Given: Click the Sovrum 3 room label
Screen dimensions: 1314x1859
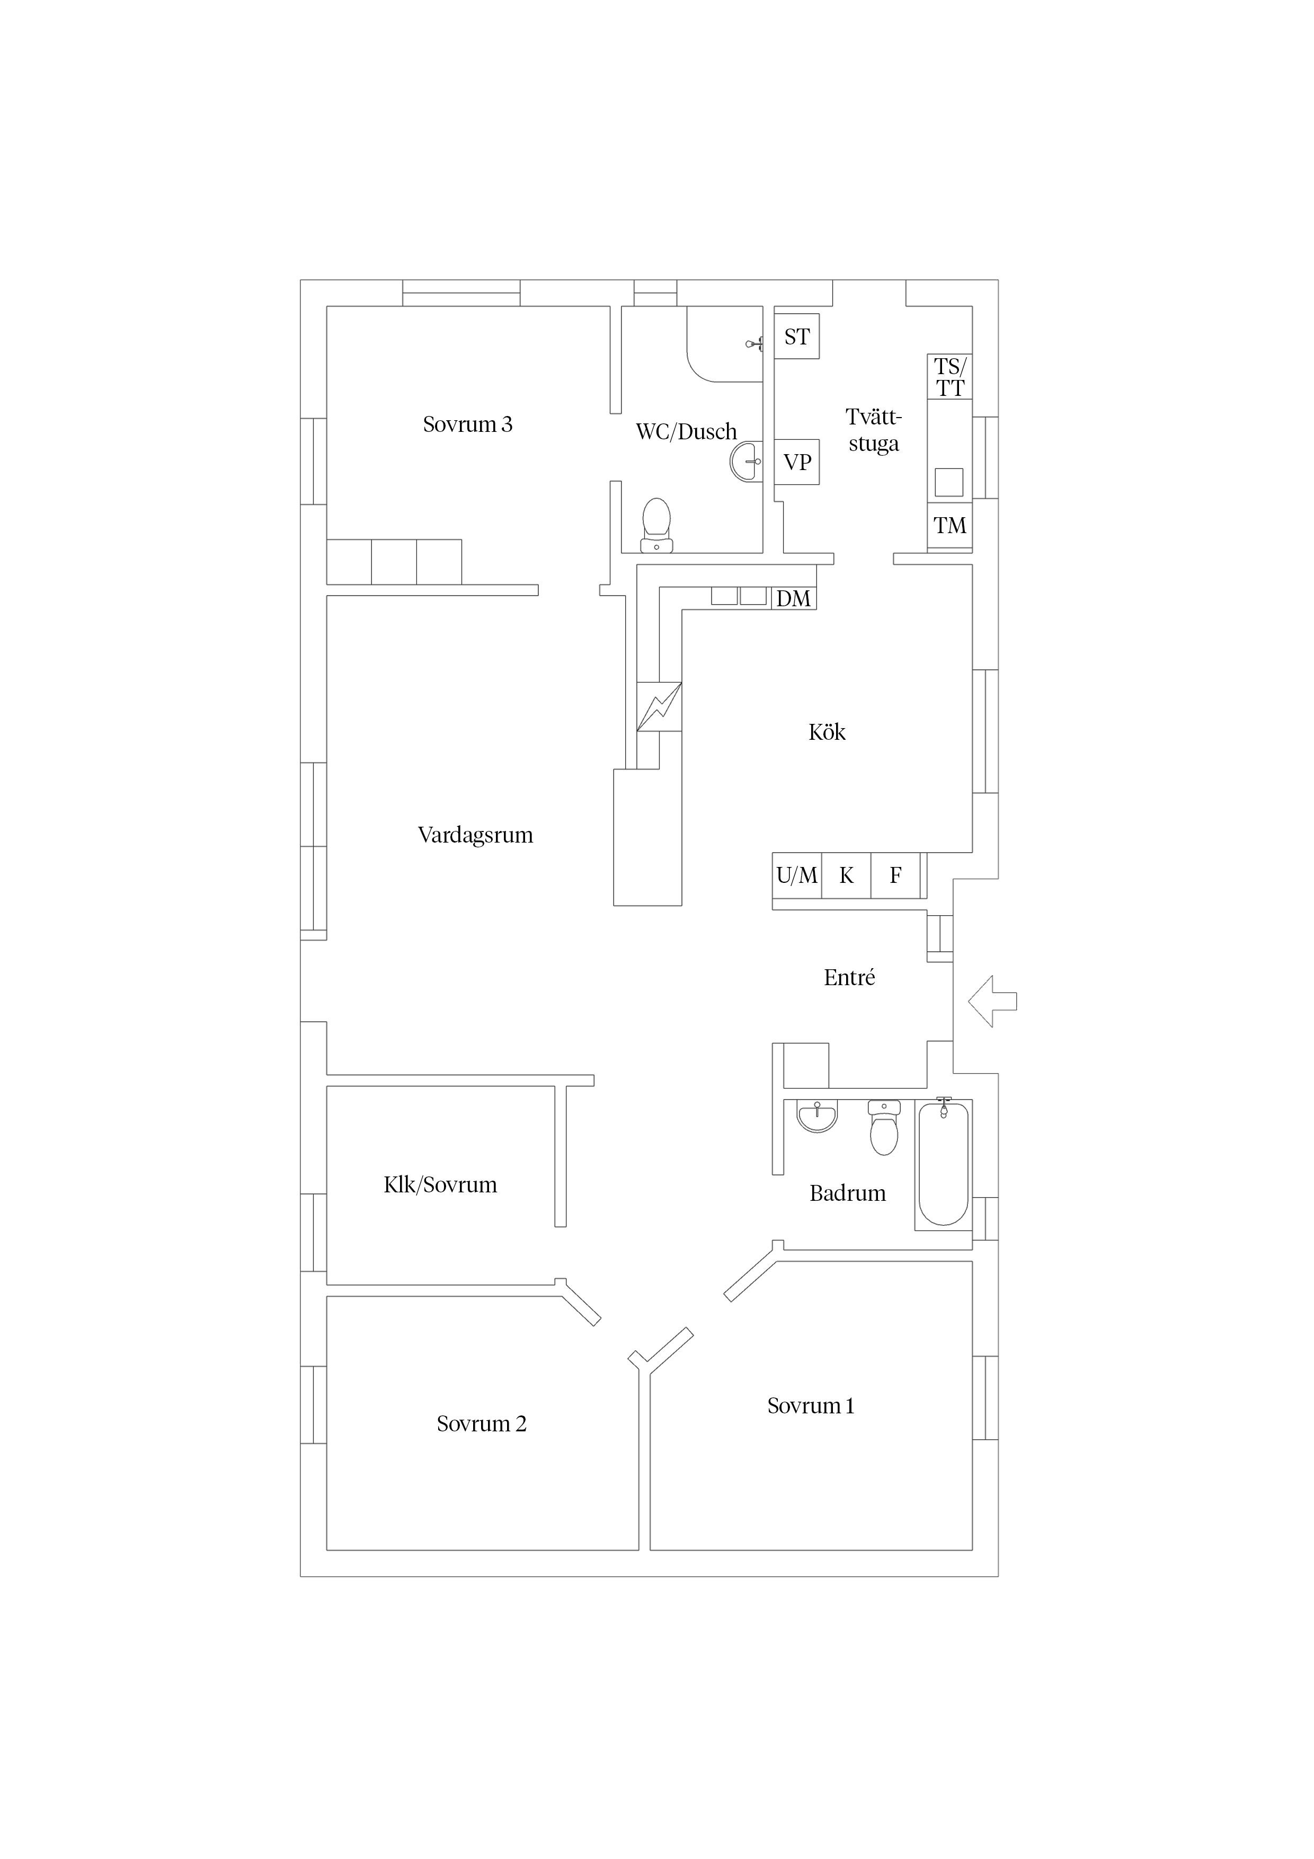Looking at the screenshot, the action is click(x=467, y=424).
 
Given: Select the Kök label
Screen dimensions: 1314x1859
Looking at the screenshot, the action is click(x=827, y=732).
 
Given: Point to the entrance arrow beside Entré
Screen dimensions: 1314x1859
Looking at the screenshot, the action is click(x=992, y=1002).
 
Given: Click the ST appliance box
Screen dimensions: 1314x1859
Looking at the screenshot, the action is click(x=797, y=336).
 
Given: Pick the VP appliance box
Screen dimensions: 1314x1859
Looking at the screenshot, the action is click(x=797, y=462).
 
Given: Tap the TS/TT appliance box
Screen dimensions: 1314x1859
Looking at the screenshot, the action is click(x=949, y=376).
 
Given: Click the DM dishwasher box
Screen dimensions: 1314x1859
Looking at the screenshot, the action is click(x=793, y=598).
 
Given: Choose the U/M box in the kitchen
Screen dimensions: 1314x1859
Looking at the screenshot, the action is click(x=797, y=875).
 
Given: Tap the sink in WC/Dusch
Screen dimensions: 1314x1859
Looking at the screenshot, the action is click(x=745, y=462).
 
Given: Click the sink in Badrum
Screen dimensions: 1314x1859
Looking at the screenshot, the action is click(x=817, y=1116).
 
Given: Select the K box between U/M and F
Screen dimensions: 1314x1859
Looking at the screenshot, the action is click(x=846, y=875).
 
